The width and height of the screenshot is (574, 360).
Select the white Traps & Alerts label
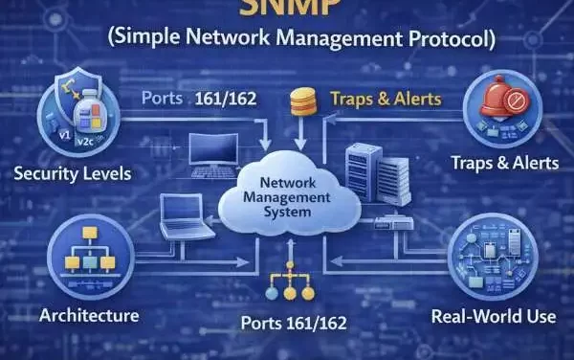tap(504, 163)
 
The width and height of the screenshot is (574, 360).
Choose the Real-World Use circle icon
tap(495, 255)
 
